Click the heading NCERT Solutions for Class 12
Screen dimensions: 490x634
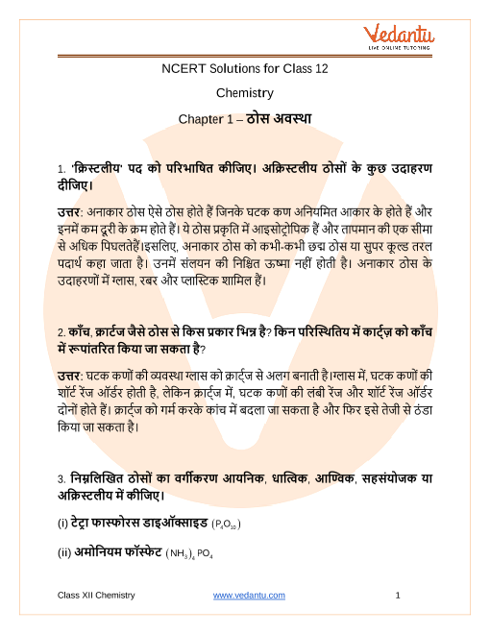(244, 68)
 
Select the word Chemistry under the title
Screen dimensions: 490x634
(244, 93)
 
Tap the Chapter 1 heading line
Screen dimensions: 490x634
(244, 119)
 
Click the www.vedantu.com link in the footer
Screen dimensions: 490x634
(249, 596)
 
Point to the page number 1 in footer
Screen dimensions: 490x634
(397, 596)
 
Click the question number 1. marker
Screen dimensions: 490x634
(61, 167)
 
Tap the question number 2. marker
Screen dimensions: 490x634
(61, 332)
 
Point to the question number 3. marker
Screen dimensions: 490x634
(61, 478)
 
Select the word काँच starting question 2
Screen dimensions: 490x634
(83, 332)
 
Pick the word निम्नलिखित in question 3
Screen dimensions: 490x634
(103, 478)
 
